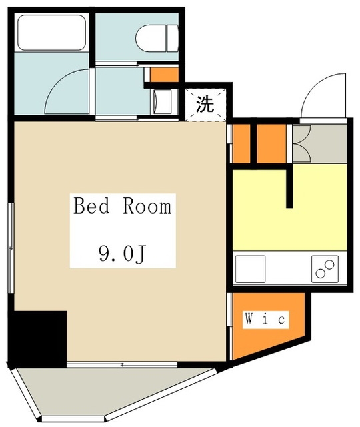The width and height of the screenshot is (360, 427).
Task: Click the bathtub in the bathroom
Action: tap(51, 33)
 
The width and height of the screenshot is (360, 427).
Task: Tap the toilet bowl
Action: tap(157, 38)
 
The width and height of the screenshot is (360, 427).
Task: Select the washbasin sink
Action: tap(163, 102)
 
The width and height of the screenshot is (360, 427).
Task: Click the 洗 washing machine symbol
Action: tap(205, 104)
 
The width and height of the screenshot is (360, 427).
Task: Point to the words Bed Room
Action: tap(123, 206)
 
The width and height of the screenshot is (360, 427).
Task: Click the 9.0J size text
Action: tap(123, 254)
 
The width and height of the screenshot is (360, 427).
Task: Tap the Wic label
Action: tap(265, 319)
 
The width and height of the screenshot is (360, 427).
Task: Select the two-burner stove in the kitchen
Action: tap(325, 269)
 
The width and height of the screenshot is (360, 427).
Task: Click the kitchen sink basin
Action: tap(250, 269)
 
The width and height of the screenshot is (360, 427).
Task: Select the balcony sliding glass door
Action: tap(122, 364)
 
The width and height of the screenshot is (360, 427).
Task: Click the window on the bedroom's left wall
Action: tap(11, 248)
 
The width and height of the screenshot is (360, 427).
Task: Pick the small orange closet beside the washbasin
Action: tap(165, 75)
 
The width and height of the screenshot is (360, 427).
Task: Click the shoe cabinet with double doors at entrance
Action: tap(319, 144)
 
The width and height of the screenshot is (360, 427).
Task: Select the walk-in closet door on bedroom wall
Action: tap(229, 327)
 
